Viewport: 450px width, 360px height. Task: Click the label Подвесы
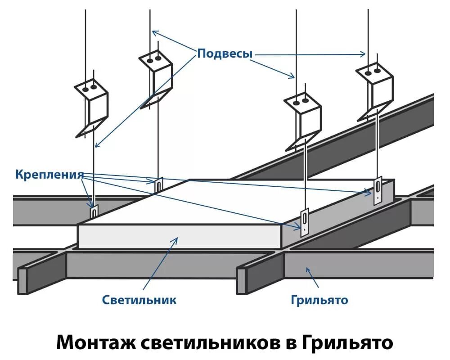point(225,54)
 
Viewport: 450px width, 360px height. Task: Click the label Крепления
point(49,174)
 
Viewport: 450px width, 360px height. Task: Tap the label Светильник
point(139,300)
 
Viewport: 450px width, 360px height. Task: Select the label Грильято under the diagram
point(319,300)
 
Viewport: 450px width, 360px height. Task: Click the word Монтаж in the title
point(95,342)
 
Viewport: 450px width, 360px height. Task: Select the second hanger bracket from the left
point(156,79)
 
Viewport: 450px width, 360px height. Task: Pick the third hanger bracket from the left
point(302,119)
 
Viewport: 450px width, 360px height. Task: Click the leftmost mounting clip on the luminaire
point(94,211)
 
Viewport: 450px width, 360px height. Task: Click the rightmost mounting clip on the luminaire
point(378,191)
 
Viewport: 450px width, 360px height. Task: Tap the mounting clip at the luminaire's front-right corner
point(305,222)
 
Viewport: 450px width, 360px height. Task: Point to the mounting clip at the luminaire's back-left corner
point(158,185)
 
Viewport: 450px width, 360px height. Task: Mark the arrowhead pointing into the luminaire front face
point(175,240)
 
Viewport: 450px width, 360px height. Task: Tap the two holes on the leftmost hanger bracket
point(90,86)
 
